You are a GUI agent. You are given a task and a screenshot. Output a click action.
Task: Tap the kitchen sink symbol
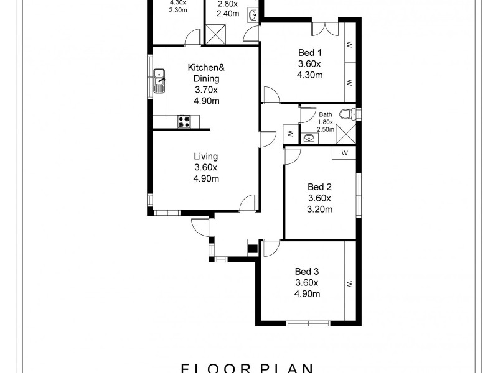pyautogui.click(x=159, y=80)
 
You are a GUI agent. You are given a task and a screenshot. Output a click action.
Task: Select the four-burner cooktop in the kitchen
pyautogui.click(x=184, y=121)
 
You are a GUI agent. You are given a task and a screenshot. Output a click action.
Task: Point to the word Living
pyautogui.click(x=206, y=157)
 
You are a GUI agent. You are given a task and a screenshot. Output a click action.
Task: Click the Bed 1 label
pyautogui.click(x=309, y=53)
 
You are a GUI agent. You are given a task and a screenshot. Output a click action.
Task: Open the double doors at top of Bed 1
pyautogui.click(x=324, y=30)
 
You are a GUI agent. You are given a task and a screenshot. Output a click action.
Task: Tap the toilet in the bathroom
pyautogui.click(x=353, y=114)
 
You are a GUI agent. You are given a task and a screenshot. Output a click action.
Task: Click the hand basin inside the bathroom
pyautogui.click(x=308, y=137)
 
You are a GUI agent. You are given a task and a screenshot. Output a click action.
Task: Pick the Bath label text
pyautogui.click(x=326, y=114)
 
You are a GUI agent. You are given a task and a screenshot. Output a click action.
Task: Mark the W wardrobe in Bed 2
pyautogui.click(x=344, y=153)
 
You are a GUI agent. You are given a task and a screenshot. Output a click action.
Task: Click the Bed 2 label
pyautogui.click(x=320, y=187)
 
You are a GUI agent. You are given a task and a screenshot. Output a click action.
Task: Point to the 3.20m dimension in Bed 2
pyautogui.click(x=320, y=209)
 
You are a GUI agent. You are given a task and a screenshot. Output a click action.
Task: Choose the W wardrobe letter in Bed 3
pyautogui.click(x=350, y=284)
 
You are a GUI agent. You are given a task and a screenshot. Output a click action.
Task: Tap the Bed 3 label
pyautogui.click(x=307, y=271)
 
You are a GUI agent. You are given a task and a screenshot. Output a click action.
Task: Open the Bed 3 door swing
pyautogui.click(x=271, y=249)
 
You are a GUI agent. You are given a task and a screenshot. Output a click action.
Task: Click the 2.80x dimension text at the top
pyautogui.click(x=227, y=3)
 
